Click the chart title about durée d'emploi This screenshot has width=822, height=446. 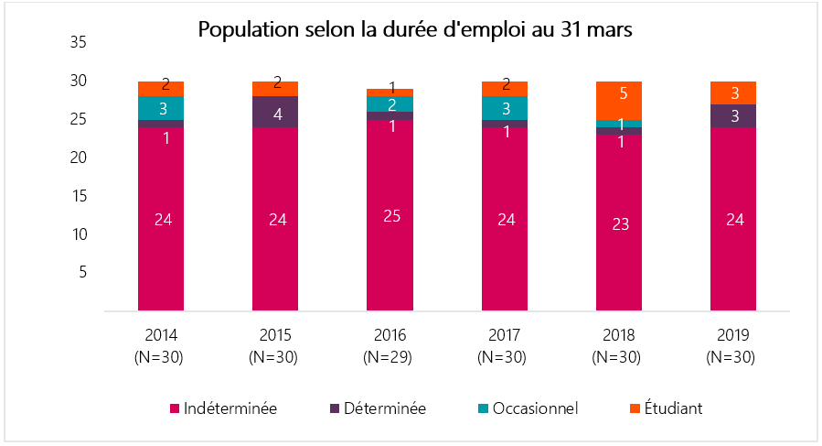pyautogui.click(x=415, y=29)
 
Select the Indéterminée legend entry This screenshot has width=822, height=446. pyautogui.click(x=224, y=408)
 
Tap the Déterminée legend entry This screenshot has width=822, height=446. pyautogui.click(x=377, y=408)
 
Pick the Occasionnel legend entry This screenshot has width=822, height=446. pyautogui.click(x=527, y=408)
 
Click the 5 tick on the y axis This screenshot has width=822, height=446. pyautogui.click(x=82, y=272)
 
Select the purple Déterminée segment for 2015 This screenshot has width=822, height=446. pyautogui.click(x=275, y=111)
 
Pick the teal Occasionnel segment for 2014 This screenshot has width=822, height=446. pyautogui.click(x=161, y=108)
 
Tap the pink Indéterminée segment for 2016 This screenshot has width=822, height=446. pyautogui.click(x=390, y=215)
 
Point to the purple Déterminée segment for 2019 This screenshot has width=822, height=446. pyautogui.click(x=733, y=115)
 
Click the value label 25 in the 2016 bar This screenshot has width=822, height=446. pyautogui.click(x=390, y=216)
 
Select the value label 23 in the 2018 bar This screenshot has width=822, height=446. pyautogui.click(x=619, y=224)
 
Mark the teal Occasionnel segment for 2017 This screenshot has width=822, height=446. pyautogui.click(x=505, y=108)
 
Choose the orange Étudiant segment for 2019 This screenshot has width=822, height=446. pyautogui.click(x=733, y=92)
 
